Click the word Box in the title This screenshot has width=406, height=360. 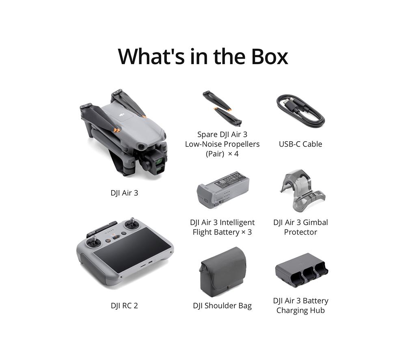coord(269,57)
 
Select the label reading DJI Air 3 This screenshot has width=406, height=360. coord(124,193)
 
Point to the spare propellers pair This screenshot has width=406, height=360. coord(222,109)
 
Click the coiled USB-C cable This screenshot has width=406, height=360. coord(300,110)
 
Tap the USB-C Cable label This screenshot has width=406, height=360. coord(300,144)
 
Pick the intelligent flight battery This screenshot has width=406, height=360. coord(223,190)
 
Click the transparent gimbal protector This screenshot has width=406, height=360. coord(302,190)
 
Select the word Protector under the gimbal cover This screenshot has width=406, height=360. coord(300,232)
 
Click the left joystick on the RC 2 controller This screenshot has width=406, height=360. coord(94,242)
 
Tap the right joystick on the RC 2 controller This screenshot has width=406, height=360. coord(132,223)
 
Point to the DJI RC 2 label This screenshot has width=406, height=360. coord(124,306)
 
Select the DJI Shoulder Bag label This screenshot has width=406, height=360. coord(222,306)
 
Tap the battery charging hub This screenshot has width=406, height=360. coord(301,270)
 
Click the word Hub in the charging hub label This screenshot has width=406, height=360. coord(318,310)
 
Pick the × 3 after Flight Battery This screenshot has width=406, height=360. coord(246,232)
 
